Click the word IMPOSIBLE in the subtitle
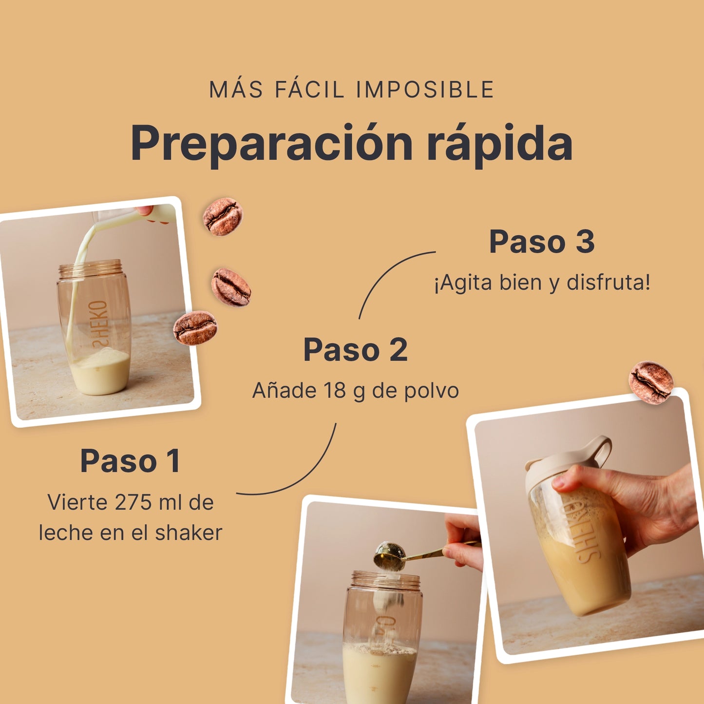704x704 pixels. pos(425,90)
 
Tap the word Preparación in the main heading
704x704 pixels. pos(271,143)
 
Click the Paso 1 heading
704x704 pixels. pos(130,460)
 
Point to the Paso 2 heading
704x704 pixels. pos(355,350)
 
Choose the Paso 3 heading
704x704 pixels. pos(542,242)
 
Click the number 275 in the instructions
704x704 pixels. pos(133,502)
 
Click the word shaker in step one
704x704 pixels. pos(189,533)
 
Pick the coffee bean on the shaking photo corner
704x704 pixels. pos(651,382)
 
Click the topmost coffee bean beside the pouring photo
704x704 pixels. pos(223,217)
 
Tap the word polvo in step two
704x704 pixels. pos(432,391)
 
